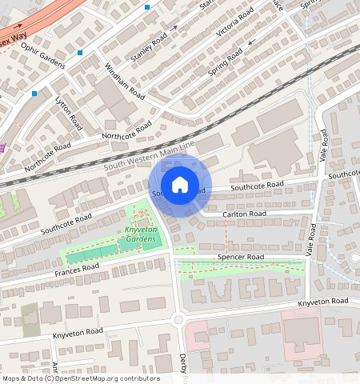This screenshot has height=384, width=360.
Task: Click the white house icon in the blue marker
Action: [x=180, y=185]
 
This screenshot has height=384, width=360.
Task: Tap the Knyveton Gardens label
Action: [x=140, y=234]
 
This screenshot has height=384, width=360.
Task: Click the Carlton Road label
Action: [x=245, y=214]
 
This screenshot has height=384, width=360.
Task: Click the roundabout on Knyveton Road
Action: [x=178, y=320]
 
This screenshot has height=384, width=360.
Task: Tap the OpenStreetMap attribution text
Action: [x=80, y=378]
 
